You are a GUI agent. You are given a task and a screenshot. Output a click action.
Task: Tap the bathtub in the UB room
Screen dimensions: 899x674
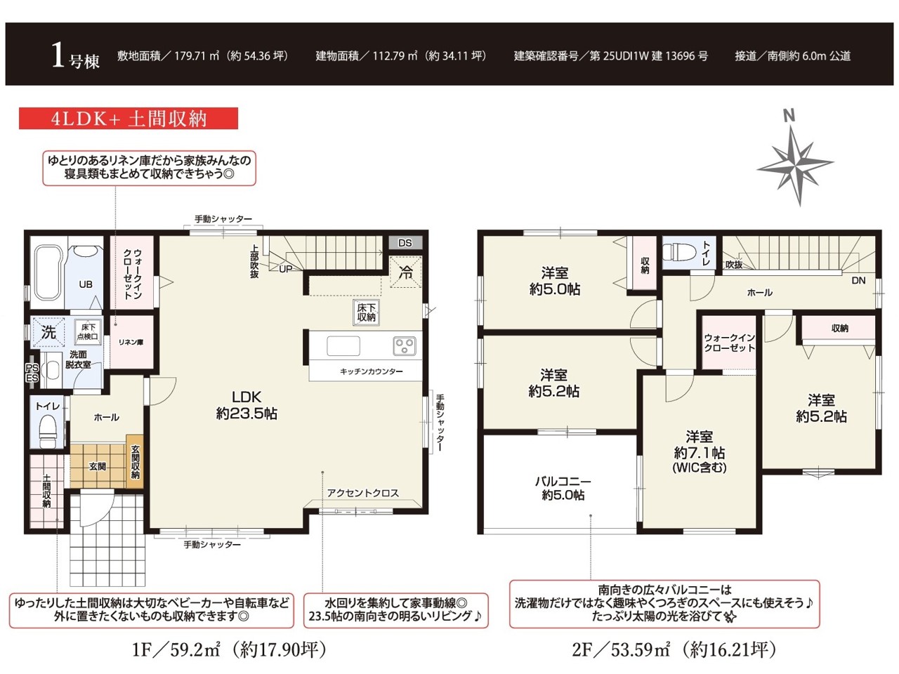[x=48, y=272]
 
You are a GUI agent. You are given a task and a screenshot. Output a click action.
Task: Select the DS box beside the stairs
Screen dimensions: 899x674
[x=405, y=243]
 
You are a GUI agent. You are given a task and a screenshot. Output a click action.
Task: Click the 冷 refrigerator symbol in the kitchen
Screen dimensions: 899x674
[x=405, y=272]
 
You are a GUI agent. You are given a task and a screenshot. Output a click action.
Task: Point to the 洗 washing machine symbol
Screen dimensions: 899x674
[x=48, y=332]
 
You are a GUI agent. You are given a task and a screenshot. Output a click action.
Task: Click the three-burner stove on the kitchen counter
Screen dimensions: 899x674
[x=405, y=346]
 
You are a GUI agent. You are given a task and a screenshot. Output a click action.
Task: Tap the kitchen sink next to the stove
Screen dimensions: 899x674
[x=343, y=346]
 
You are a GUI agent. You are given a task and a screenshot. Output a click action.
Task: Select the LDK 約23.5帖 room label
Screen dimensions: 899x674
[x=247, y=405]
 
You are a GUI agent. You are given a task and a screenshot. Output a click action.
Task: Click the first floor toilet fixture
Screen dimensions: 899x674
[x=48, y=431]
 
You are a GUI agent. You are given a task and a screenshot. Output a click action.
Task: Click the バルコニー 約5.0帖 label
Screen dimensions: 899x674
[x=563, y=488]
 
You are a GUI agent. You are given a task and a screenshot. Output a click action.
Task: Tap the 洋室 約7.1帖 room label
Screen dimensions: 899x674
[x=699, y=451]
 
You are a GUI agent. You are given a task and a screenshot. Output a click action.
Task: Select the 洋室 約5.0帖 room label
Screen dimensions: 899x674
[x=555, y=281]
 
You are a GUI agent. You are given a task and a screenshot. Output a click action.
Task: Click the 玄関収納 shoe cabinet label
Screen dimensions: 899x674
[x=135, y=461]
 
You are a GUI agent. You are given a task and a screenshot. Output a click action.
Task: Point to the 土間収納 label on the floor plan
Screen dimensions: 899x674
[x=46, y=491]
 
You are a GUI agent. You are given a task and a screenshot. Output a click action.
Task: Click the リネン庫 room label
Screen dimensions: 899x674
[x=131, y=342]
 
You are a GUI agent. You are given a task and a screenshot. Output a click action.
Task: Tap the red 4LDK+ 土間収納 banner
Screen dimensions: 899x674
[x=129, y=119]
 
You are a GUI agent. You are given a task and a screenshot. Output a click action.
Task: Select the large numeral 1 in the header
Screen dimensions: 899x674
[x=58, y=56]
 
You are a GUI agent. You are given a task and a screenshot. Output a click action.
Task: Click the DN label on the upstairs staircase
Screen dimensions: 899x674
[x=858, y=281]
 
